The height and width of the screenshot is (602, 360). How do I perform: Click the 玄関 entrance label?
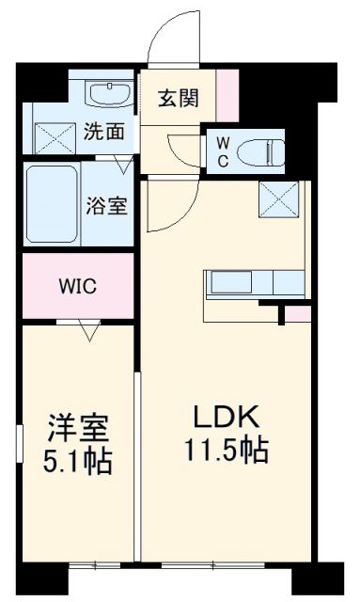(x=177, y=97)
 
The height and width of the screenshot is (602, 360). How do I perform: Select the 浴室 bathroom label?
(x=108, y=205)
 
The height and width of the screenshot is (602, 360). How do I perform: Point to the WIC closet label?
(x=79, y=284)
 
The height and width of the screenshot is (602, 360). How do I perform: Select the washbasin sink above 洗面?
(x=110, y=94)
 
